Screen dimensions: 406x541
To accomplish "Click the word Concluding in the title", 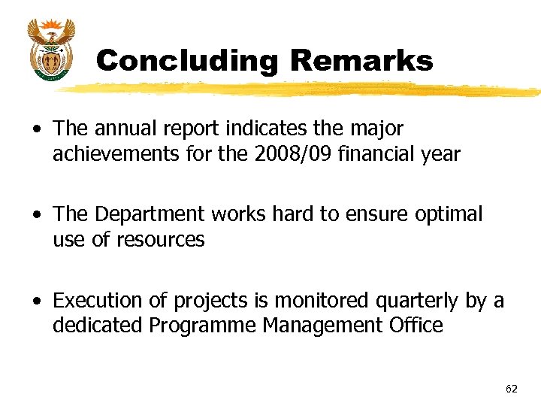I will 186,61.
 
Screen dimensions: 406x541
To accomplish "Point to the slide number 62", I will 512,389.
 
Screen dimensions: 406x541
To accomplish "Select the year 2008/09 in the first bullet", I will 286,154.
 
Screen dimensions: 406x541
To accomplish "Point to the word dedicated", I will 98,326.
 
